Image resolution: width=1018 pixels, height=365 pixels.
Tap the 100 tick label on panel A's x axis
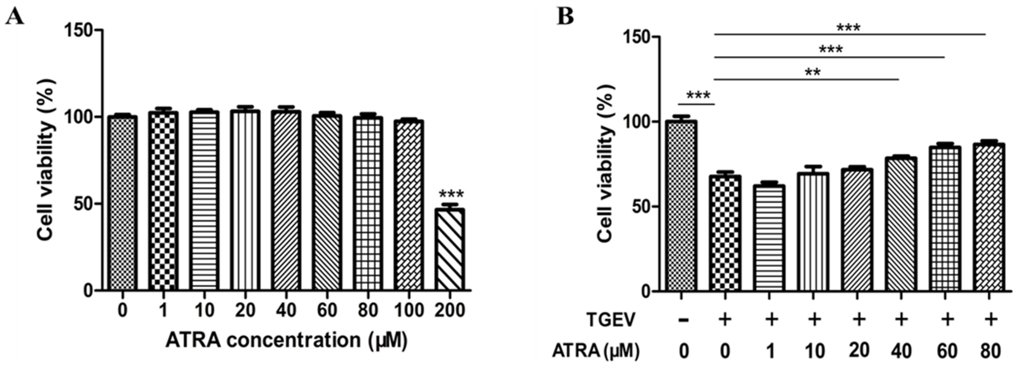pos(409,310)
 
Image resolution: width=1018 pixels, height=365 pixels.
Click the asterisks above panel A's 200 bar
pos(451,194)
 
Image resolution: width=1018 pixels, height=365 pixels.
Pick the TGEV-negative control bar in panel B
pos(681,205)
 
